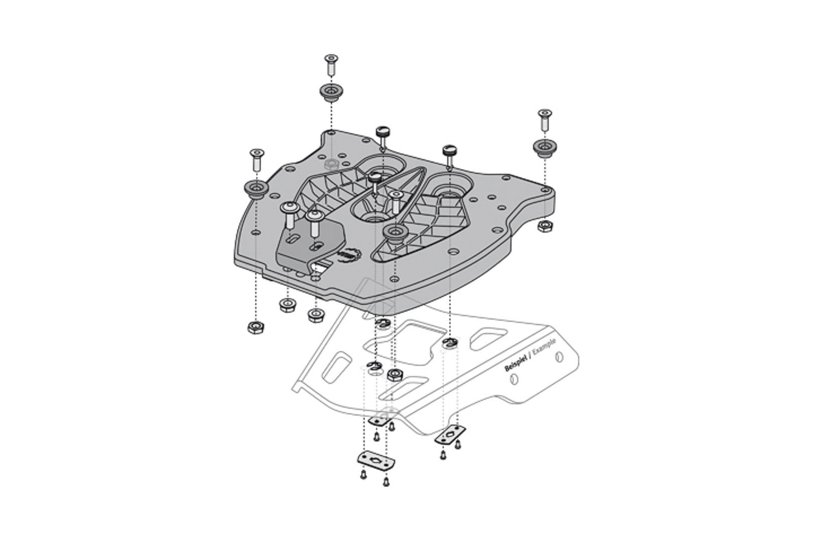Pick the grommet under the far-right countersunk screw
[543, 147]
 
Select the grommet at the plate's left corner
[255, 189]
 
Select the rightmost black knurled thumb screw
[448, 152]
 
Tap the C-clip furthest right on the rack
[450, 344]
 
